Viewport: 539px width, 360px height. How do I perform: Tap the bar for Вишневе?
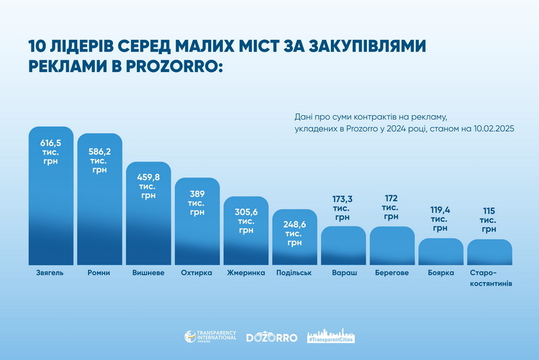coord(148,225)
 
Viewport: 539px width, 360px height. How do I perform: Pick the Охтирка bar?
coord(197,231)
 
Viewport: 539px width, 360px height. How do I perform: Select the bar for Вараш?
coord(344,248)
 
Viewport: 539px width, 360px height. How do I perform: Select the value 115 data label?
coord(490,210)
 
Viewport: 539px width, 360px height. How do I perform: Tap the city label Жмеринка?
coord(246,273)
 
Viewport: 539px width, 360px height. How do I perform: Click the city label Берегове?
coord(392,273)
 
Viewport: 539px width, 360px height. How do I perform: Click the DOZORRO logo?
coord(272,337)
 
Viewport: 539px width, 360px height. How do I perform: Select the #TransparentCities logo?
coord(331,336)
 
